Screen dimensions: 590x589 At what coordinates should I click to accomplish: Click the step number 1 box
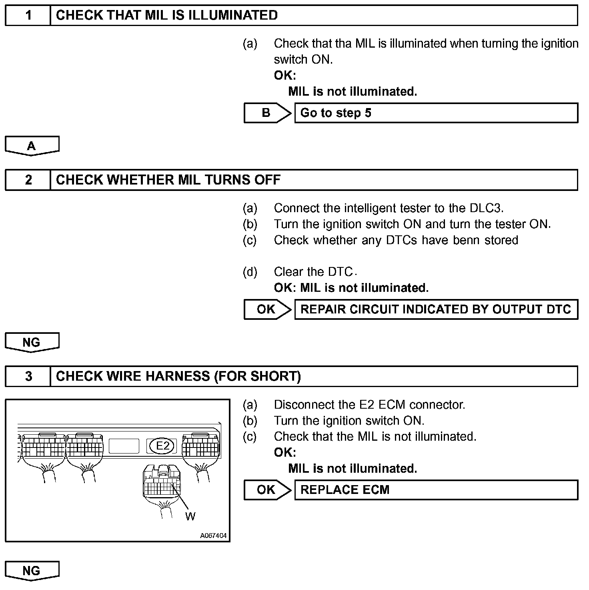point(28,16)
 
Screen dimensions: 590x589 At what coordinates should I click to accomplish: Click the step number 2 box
point(28,180)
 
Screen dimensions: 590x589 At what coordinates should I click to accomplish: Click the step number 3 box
point(28,376)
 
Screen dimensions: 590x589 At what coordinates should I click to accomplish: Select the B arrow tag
point(266,113)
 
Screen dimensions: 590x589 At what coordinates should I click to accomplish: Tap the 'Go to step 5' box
point(436,113)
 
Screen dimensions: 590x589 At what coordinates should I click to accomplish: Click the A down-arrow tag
point(32,146)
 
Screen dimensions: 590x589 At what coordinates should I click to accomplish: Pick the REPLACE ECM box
point(436,490)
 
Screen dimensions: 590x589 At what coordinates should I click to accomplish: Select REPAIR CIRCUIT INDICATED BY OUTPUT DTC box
point(436,309)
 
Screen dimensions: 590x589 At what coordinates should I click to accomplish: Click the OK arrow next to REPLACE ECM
point(266,490)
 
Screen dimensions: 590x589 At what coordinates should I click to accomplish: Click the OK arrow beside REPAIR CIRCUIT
point(266,309)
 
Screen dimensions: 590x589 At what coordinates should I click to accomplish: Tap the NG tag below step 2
point(32,342)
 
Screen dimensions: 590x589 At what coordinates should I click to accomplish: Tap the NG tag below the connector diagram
point(32,571)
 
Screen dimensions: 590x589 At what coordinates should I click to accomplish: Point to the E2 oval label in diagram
point(162,446)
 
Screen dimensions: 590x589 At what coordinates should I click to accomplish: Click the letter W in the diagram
point(190,516)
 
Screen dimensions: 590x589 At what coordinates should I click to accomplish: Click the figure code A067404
point(213,536)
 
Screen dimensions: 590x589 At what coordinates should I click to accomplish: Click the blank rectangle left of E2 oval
point(124,446)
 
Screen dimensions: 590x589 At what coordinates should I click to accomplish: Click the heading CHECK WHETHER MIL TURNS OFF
point(168,180)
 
